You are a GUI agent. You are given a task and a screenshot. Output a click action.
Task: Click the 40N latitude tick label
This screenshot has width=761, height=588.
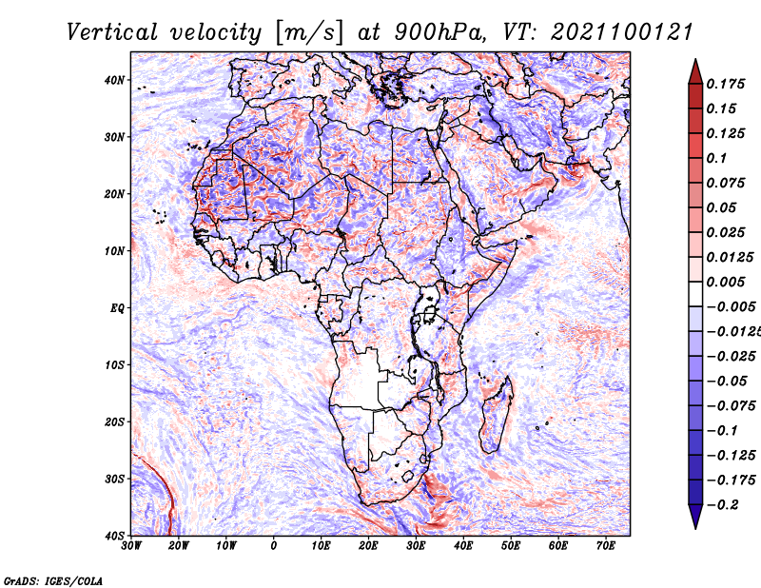pos(114,80)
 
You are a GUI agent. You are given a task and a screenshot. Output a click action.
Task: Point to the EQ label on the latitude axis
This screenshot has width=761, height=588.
pos(117,308)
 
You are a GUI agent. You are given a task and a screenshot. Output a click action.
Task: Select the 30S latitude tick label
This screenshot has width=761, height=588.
pos(114,480)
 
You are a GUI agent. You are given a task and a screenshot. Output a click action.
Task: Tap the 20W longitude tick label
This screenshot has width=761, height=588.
pos(179,546)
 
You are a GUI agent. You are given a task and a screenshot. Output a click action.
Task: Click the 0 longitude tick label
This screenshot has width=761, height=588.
pos(274,546)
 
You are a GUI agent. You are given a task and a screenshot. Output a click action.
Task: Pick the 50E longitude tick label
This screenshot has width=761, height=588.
pos(511,546)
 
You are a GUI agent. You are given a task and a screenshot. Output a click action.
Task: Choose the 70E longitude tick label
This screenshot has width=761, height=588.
pos(606,546)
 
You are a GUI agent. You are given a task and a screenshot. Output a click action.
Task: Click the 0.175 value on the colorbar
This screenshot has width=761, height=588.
pos(726,84)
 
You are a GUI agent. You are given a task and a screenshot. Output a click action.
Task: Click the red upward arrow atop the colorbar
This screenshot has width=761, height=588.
pos(695,71)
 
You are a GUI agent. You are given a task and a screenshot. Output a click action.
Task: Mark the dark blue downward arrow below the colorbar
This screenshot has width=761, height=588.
pos(695,517)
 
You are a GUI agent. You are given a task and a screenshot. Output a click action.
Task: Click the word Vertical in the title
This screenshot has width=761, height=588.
pos(112,32)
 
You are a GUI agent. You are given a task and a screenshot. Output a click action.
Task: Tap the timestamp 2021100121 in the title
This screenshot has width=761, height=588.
pos(622,32)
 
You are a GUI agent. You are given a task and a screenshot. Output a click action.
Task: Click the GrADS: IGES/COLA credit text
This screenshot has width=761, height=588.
pos(53,581)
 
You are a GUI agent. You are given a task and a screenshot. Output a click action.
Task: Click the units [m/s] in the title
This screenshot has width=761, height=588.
pos(310,33)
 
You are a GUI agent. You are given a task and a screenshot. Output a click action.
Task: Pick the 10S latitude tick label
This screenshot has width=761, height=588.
pos(114,365)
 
